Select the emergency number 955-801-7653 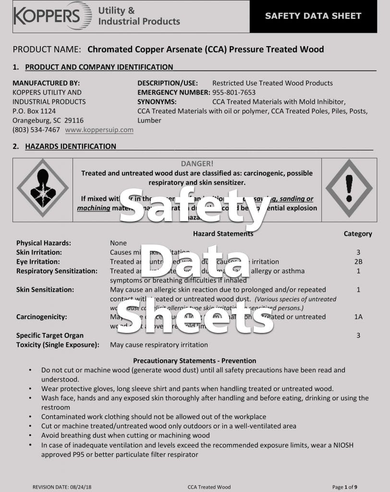pyautogui.click(x=234, y=92)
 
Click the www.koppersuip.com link pyautogui.click(x=99, y=130)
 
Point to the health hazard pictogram pyautogui.click(x=43, y=188)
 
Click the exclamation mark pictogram pyautogui.click(x=349, y=188)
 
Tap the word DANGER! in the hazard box pyautogui.click(x=197, y=164)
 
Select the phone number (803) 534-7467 pyautogui.click(x=36, y=130)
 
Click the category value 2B pyautogui.click(x=358, y=262)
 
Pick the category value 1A pyautogui.click(x=358, y=317)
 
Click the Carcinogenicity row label pyautogui.click(x=42, y=317)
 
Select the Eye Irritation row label pyautogui.click(x=38, y=262)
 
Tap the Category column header pyautogui.click(x=358, y=234)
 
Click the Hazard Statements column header pyautogui.click(x=223, y=234)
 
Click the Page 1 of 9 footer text pyautogui.click(x=344, y=487)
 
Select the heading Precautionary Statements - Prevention pyautogui.click(x=195, y=361)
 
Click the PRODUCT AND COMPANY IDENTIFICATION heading pyautogui.click(x=99, y=67)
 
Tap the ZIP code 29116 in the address pyautogui.click(x=74, y=121)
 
